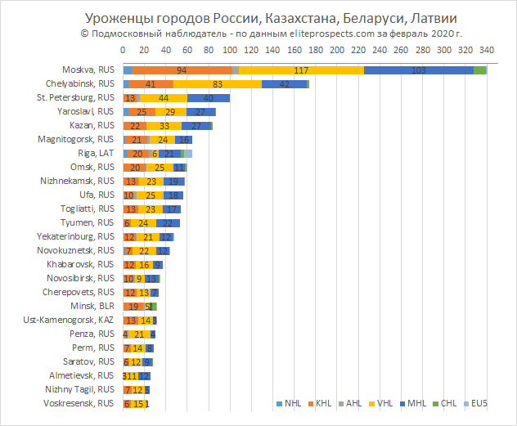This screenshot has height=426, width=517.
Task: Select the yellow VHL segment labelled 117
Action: (301, 70)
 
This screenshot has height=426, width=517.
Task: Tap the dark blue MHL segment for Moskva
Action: (419, 70)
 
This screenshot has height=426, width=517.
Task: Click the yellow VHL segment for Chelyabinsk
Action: (218, 83)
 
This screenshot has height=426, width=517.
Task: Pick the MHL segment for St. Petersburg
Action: (209, 97)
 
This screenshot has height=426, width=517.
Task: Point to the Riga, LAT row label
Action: (97, 153)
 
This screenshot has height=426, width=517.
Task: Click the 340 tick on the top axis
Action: (486, 50)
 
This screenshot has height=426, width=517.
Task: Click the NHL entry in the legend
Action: (291, 403)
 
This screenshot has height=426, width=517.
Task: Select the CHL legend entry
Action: (447, 403)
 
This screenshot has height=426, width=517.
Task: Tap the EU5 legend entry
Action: (477, 403)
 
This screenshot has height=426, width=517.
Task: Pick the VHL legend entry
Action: (383, 403)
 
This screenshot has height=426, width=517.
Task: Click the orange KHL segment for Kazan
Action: (135, 125)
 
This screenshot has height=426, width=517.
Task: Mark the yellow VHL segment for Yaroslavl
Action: (170, 111)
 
